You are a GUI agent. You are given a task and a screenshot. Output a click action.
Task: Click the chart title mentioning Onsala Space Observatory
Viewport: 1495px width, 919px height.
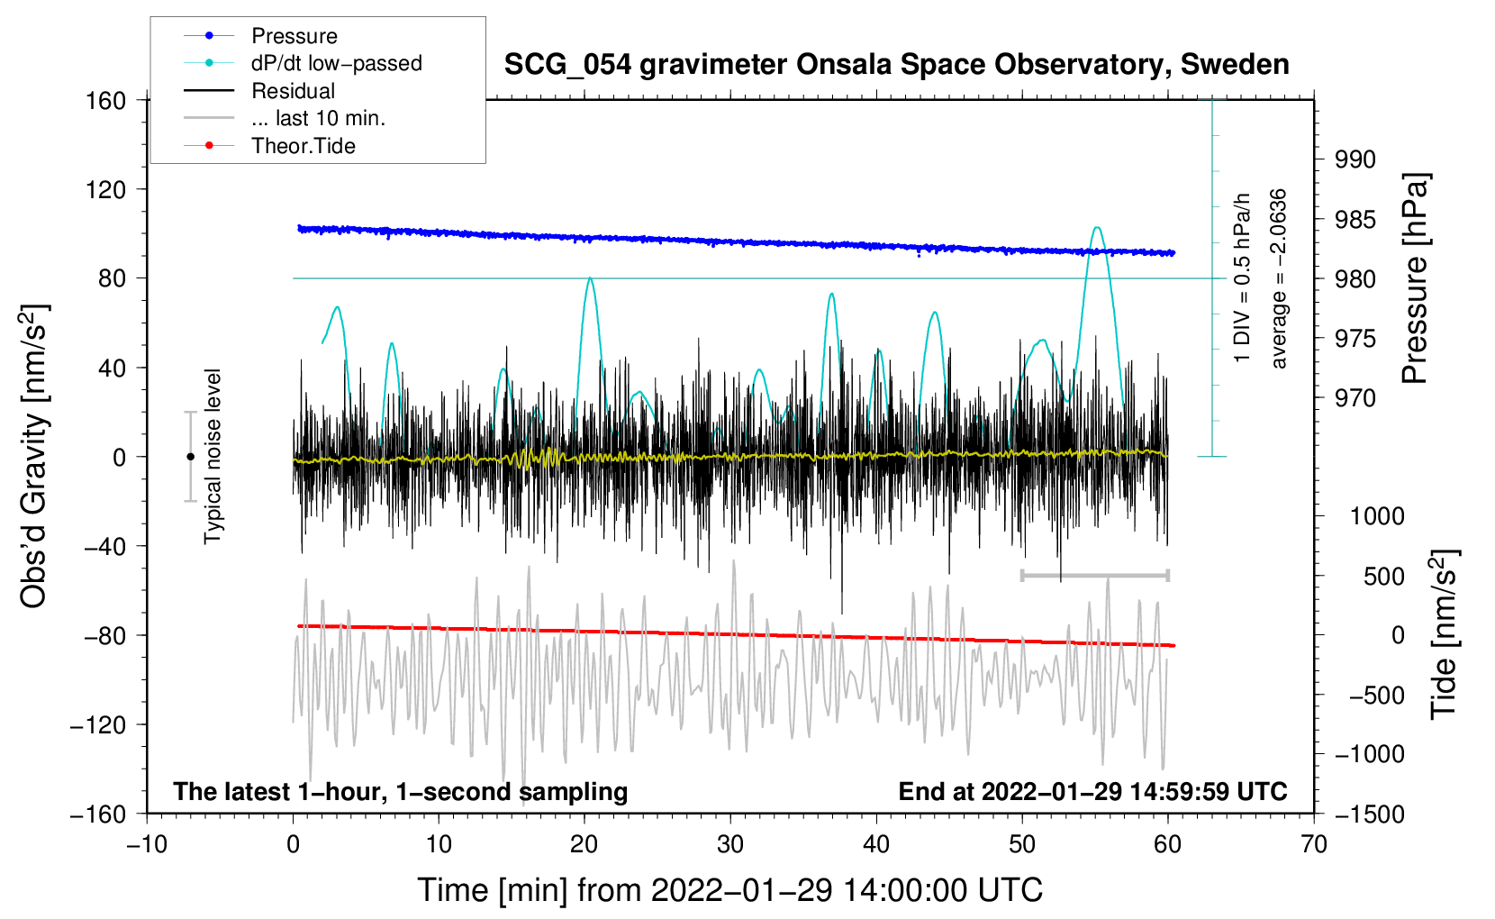(x=896, y=65)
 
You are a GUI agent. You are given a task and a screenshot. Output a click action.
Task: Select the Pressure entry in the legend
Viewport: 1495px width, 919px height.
(x=294, y=36)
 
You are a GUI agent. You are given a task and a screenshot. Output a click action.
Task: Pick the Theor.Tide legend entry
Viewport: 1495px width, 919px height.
(x=303, y=146)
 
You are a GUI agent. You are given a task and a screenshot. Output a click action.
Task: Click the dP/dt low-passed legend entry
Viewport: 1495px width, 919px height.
(x=336, y=63)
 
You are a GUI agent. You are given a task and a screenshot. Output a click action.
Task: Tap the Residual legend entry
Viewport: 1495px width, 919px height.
(x=293, y=91)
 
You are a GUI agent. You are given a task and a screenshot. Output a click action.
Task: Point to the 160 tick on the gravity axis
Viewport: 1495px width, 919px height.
(x=106, y=100)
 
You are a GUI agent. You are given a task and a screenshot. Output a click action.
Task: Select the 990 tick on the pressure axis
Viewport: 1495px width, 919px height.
(x=1355, y=159)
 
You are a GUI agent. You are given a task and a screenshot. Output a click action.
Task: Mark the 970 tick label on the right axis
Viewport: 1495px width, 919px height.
(x=1355, y=397)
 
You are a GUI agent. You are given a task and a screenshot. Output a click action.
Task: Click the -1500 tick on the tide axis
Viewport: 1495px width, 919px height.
(x=1369, y=814)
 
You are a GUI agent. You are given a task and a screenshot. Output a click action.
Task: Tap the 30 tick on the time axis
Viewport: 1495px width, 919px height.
(x=730, y=844)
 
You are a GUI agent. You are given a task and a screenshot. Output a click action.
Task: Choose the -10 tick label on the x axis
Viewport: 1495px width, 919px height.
(x=147, y=844)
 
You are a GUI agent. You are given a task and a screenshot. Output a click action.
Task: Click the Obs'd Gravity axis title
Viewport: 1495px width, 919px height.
(x=33, y=457)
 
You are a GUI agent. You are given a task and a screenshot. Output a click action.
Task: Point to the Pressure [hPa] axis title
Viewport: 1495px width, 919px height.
(x=1416, y=279)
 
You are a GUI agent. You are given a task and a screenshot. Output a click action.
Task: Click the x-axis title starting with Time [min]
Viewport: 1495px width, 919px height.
(x=729, y=890)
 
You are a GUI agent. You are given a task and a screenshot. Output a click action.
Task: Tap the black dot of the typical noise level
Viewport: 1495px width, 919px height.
(x=190, y=457)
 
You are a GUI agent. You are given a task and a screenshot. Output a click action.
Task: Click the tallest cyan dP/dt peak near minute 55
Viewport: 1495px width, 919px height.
(x=1096, y=228)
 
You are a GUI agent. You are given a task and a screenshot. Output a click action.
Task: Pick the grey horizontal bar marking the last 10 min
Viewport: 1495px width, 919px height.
(x=1094, y=575)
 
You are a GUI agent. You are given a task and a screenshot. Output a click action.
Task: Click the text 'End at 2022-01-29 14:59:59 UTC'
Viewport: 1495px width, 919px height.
(x=1092, y=792)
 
